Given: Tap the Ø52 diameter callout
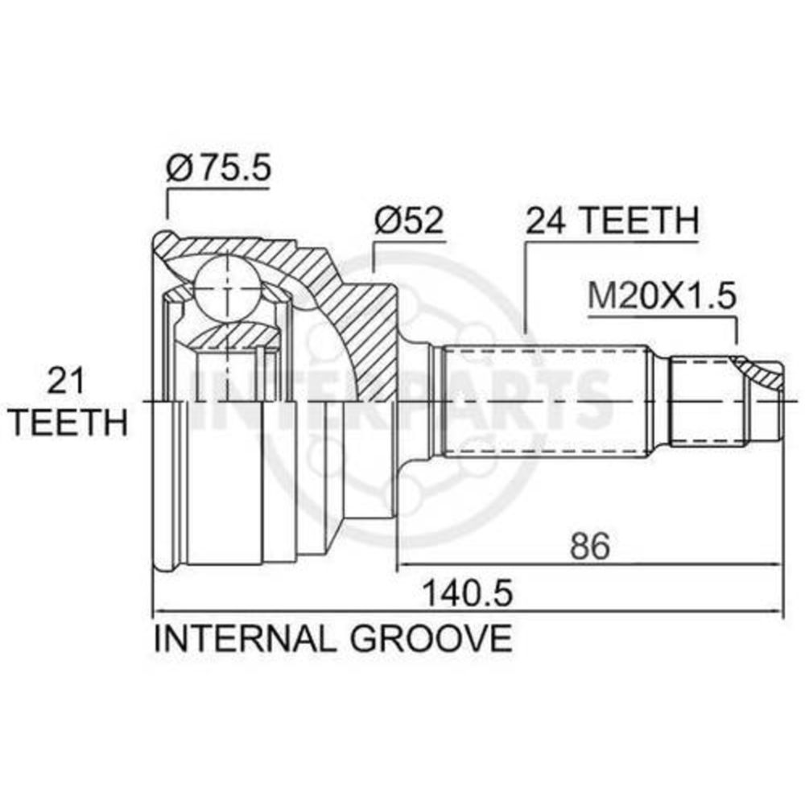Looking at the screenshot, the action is [408, 221].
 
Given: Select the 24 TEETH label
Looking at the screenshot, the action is [613, 221].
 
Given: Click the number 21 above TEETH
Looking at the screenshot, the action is [65, 382].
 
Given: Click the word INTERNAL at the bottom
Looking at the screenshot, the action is [245, 638].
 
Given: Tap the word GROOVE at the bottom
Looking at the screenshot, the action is [430, 638].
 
